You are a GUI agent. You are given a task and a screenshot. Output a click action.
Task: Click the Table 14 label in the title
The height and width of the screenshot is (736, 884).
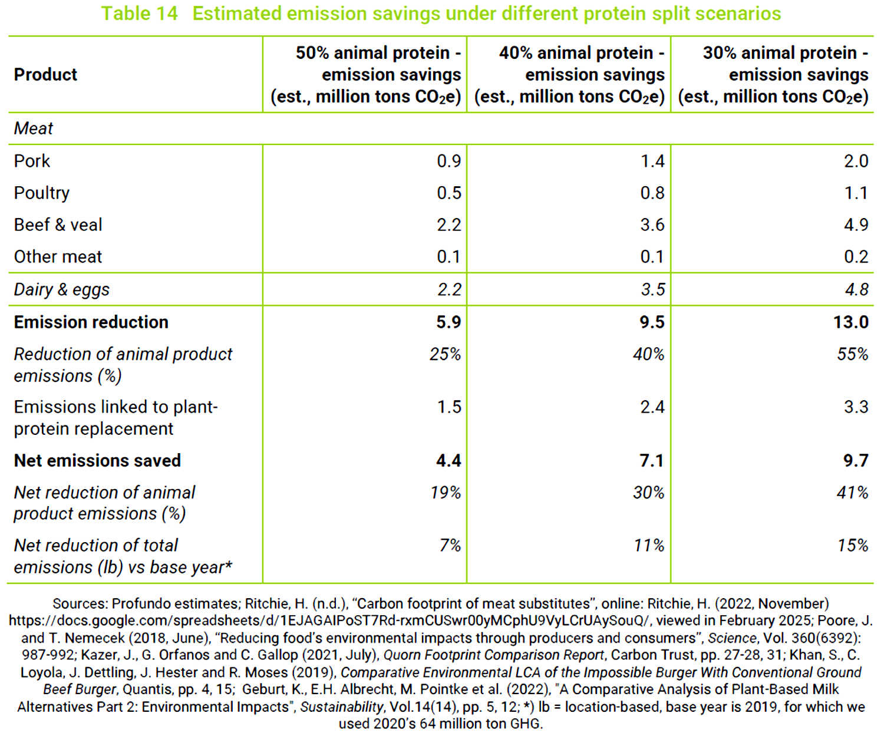coord(139,14)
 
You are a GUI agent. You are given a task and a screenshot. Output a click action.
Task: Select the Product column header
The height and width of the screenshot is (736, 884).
coord(46,74)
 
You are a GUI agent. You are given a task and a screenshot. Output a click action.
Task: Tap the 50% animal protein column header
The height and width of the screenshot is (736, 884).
coord(366,74)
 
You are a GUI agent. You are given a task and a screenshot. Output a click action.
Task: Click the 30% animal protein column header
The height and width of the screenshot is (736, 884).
coord(773,74)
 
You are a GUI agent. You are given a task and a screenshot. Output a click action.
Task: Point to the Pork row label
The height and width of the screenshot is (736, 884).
coord(32,161)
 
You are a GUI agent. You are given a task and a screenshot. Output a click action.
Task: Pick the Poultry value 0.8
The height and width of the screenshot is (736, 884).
coord(652,193)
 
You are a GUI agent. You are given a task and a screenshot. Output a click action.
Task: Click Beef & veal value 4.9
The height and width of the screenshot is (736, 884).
coord(856,225)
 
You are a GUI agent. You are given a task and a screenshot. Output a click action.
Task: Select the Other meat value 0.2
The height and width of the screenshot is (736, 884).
coord(856,256)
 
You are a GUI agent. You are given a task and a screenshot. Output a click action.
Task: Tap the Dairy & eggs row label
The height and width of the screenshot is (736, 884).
coord(62,290)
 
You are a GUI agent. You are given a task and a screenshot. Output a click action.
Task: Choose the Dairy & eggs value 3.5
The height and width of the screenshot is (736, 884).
coord(653,290)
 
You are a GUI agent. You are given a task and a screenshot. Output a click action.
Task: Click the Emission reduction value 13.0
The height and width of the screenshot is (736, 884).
coord(851,322)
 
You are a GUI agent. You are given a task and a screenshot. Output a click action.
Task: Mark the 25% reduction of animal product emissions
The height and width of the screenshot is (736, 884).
coord(445,354)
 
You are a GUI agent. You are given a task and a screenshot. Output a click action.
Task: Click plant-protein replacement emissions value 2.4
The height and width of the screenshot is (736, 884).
coord(652,407)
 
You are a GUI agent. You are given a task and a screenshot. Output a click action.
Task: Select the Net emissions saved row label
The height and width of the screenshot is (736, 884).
coord(97,460)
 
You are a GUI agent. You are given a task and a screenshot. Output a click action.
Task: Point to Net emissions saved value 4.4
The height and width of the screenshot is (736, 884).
coord(448,460)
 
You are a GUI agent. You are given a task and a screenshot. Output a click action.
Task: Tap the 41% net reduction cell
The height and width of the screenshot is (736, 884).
coord(853,493)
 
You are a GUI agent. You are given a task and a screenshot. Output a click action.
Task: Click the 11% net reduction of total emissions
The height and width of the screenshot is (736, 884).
coord(649,546)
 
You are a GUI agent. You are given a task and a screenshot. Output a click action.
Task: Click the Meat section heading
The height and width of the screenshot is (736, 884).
coord(34,128)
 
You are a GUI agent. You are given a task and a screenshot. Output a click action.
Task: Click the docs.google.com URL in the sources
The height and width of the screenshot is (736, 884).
coord(329,621)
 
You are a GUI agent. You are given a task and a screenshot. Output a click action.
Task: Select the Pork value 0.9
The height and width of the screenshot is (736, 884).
coord(448,161)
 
